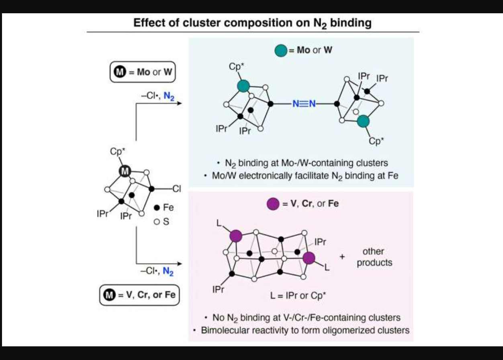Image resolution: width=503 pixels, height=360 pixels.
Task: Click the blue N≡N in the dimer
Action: pos(304,104)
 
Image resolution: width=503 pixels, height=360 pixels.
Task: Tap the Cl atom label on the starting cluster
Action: pos(176,189)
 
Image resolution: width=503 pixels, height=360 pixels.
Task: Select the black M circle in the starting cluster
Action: pos(125,171)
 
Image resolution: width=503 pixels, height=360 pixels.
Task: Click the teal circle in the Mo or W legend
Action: pos(281,51)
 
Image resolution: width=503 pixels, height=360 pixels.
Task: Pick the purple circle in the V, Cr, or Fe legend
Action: pos(273,204)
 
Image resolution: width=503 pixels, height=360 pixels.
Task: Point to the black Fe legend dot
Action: pos(157,208)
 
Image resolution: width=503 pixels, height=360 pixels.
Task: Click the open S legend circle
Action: pos(157,222)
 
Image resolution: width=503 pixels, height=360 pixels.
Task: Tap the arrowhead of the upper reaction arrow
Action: pos(180,103)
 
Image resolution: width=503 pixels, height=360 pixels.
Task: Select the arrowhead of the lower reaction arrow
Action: pos(180,264)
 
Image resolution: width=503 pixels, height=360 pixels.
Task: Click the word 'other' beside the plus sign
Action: pos(373,251)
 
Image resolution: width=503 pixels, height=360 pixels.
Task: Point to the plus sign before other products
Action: pos(342,256)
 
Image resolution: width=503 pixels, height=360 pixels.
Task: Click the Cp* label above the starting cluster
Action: pos(118,151)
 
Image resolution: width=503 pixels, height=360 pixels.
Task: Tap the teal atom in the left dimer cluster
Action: pos(243,86)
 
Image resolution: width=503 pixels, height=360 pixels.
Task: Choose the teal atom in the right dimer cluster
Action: pos(363,121)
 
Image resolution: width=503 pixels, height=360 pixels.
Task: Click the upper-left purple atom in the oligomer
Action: pos(236,236)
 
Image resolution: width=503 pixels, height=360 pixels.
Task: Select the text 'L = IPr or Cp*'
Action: pos(298,296)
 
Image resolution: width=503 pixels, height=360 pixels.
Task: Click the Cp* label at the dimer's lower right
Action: pos(376,141)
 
